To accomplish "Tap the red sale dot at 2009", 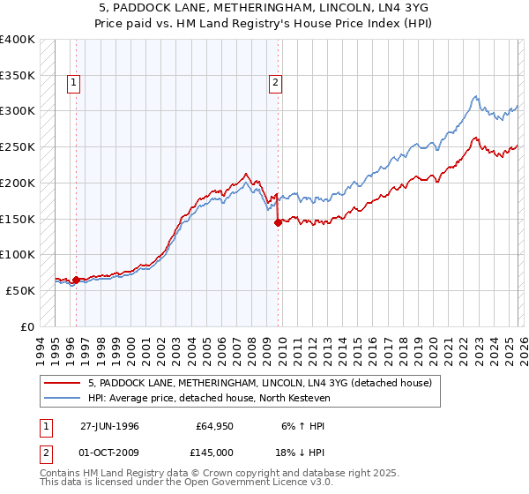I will (x=278, y=222).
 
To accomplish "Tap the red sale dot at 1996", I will (x=76, y=280).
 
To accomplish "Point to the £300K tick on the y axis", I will (x=18, y=111).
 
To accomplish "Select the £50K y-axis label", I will (x=20, y=290).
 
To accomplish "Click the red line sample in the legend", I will (x=63, y=383).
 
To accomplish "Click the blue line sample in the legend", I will (x=63, y=398).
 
